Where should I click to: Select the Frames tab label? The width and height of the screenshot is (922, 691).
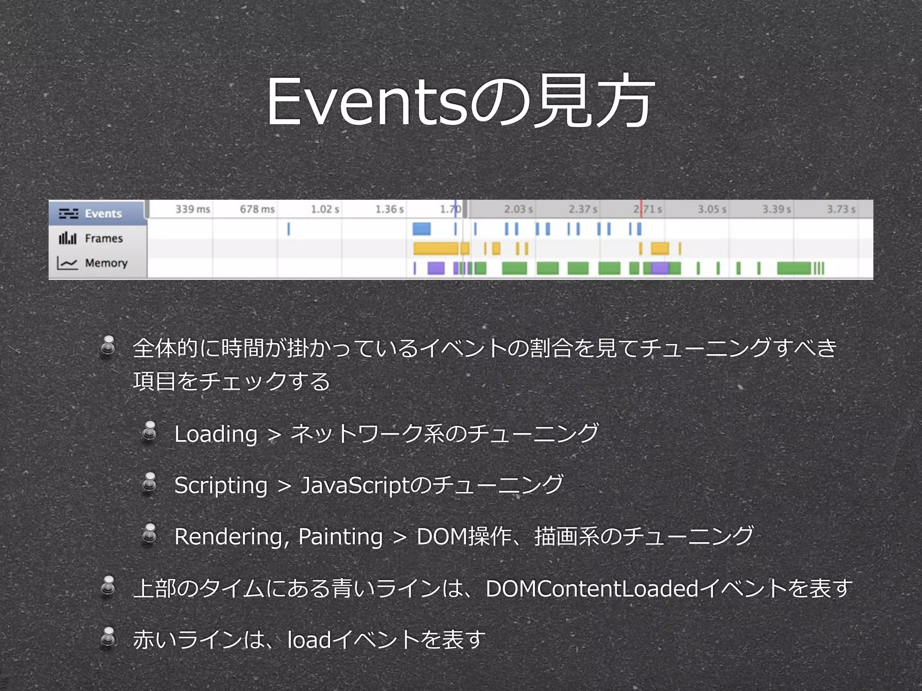point(104,238)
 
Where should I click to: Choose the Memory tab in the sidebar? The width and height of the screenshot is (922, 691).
point(106,263)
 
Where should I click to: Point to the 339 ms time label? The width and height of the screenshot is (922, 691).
point(193,209)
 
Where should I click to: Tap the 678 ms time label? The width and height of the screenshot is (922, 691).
point(257,209)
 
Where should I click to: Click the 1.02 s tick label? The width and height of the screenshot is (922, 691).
point(325,209)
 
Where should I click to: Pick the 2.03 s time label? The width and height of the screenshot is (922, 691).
point(518,209)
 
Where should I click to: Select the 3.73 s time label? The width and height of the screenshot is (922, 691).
point(841,209)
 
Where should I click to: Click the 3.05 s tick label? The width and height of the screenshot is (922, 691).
point(712,209)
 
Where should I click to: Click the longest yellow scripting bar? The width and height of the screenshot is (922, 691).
point(435,248)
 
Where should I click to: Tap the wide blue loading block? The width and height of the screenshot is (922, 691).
point(421,229)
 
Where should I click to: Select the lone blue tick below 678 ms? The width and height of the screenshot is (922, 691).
point(289,229)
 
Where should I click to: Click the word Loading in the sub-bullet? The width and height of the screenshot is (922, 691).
point(216,434)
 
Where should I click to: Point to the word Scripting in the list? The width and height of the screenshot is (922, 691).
point(221,485)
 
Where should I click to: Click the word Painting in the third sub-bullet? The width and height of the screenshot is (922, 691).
point(340,537)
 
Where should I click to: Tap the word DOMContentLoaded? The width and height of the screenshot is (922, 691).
point(592,588)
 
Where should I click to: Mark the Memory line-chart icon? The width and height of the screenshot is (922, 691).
point(68,263)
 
